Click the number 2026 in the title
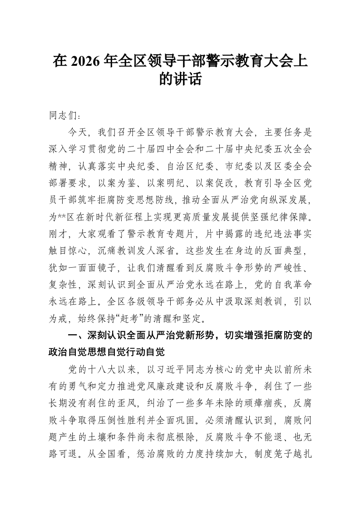pyautogui.click(x=84, y=61)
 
